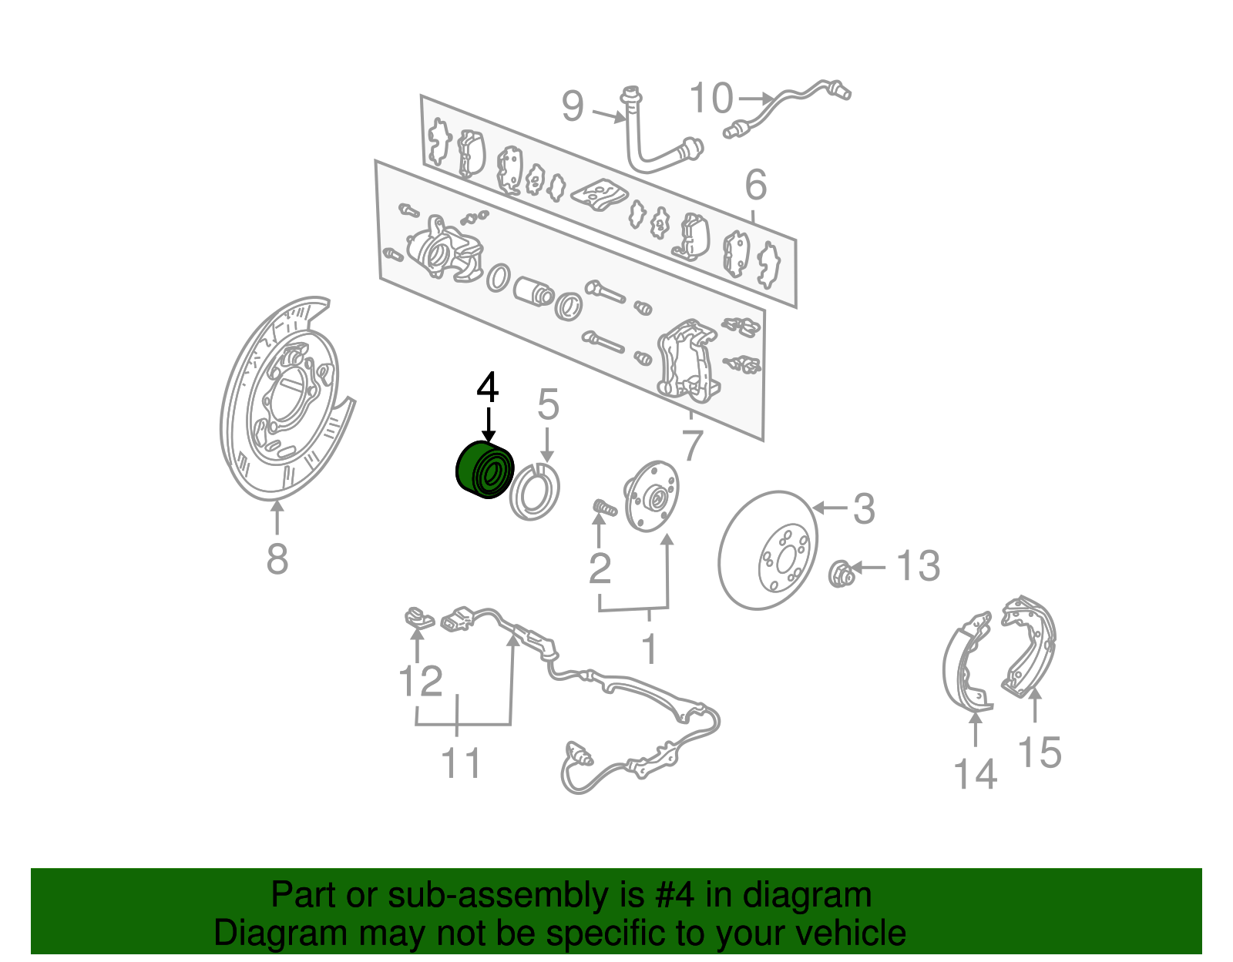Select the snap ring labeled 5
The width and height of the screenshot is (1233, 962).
[x=535, y=492]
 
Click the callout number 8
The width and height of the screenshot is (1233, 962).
[x=277, y=559]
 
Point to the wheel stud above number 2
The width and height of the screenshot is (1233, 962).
[x=605, y=508]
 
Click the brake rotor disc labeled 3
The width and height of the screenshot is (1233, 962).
[x=768, y=550]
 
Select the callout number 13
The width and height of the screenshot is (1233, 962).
[x=919, y=566]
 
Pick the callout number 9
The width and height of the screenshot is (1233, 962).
[x=573, y=106]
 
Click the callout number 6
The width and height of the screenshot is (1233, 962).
[x=756, y=185]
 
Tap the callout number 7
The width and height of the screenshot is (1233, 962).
[x=693, y=445]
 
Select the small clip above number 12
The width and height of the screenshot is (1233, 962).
[x=417, y=617]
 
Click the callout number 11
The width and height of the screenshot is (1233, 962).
[x=461, y=763]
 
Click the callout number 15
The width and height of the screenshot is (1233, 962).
[x=1040, y=752]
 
